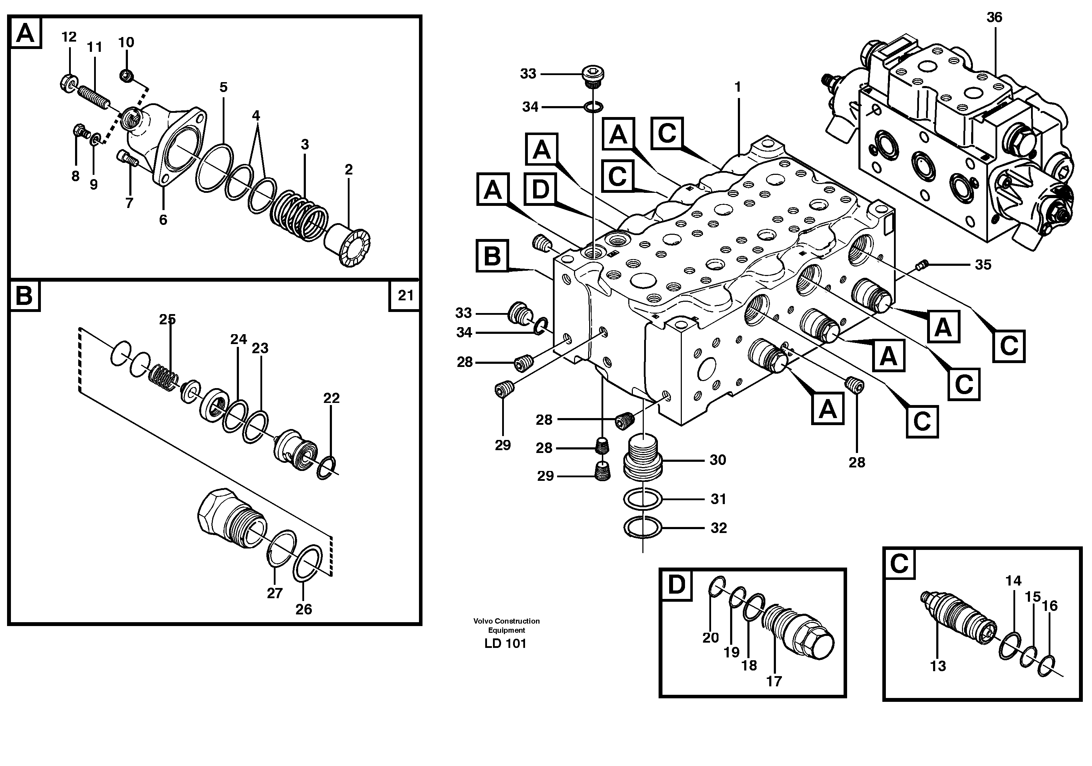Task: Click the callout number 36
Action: click(994, 18)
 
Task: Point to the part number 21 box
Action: click(405, 295)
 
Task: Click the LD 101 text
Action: click(505, 644)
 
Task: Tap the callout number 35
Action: click(983, 264)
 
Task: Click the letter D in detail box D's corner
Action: click(676, 585)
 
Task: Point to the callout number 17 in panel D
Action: click(774, 681)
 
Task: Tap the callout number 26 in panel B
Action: click(303, 609)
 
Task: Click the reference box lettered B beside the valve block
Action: click(492, 256)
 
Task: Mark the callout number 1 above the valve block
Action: click(737, 87)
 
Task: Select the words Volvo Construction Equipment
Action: click(506, 625)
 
